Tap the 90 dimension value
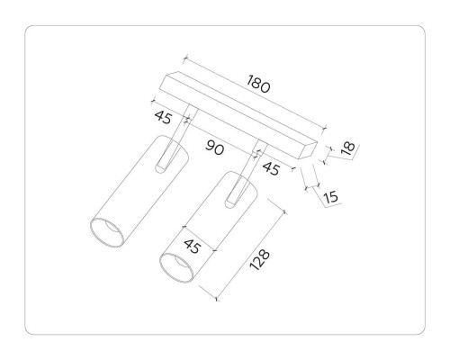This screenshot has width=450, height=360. click(x=214, y=148)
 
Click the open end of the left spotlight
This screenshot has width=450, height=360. click(x=110, y=231)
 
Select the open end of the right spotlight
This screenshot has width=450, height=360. click(x=177, y=267)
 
